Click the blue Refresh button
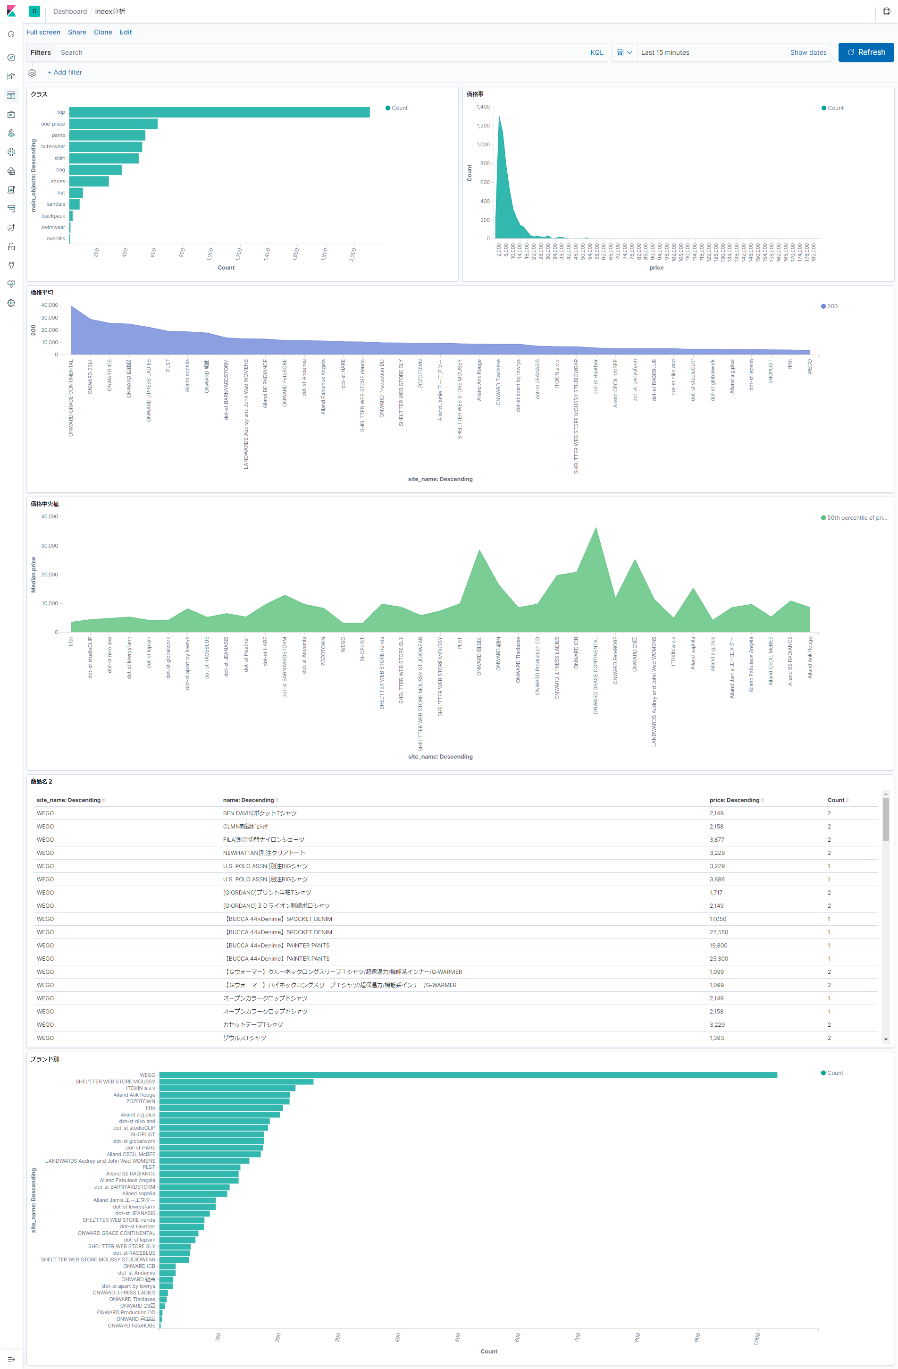point(865,52)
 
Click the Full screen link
point(43,32)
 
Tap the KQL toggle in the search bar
point(596,52)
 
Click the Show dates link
point(808,52)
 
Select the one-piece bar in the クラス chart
point(113,124)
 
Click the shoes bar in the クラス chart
point(89,181)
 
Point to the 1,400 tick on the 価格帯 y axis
point(483,107)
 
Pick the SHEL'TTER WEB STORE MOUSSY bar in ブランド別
point(236,1082)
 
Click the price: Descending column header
point(734,800)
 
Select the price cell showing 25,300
point(719,959)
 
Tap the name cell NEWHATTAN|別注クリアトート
point(264,853)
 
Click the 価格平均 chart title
point(42,292)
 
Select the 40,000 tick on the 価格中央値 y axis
point(50,516)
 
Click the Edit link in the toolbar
point(126,32)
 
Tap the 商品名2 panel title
point(42,782)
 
